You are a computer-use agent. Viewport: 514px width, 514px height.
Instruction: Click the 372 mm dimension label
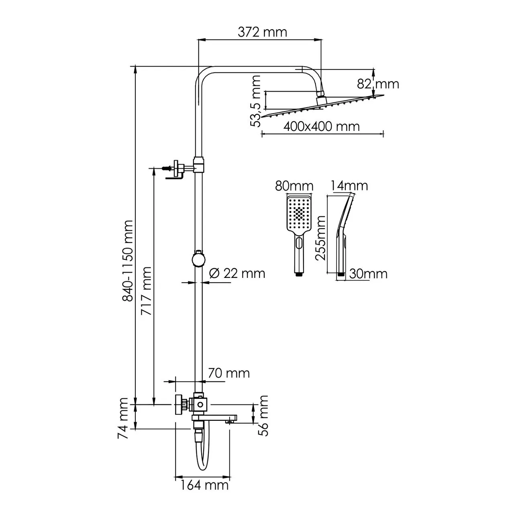(262, 32)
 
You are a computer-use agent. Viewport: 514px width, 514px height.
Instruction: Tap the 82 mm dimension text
(378, 84)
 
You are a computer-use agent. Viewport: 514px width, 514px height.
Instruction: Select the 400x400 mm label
(321, 126)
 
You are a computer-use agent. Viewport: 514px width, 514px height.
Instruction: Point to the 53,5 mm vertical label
(255, 102)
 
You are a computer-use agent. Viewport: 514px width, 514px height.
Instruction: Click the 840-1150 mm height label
(128, 260)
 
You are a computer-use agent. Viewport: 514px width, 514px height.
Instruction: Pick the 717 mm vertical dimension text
(147, 290)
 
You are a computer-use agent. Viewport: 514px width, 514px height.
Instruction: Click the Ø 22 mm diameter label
(237, 273)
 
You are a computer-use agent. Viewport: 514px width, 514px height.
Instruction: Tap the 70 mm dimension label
(228, 373)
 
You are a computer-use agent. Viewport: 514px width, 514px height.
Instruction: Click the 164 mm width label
(204, 485)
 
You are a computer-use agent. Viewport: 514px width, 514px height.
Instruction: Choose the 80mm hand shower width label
(294, 186)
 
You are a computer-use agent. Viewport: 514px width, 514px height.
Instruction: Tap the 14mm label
(349, 186)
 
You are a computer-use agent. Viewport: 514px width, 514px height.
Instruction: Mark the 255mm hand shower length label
(321, 238)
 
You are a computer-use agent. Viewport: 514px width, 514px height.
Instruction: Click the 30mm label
(368, 274)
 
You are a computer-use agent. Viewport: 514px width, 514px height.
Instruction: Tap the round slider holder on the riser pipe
(198, 259)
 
